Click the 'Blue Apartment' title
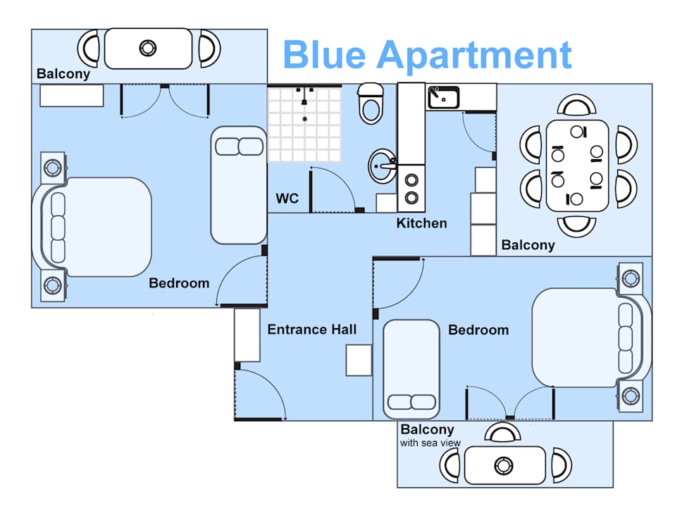427,55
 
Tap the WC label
287,199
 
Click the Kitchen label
421,223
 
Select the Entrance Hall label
312,330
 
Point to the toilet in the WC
371,103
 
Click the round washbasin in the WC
383,166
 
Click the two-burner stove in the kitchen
411,188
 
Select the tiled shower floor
304,124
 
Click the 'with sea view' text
430,443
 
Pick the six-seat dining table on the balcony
577,165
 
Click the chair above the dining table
577,105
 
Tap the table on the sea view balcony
504,465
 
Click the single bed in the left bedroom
239,185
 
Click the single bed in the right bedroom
411,370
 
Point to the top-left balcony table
149,49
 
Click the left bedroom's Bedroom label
179,284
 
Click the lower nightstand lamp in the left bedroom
53,286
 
